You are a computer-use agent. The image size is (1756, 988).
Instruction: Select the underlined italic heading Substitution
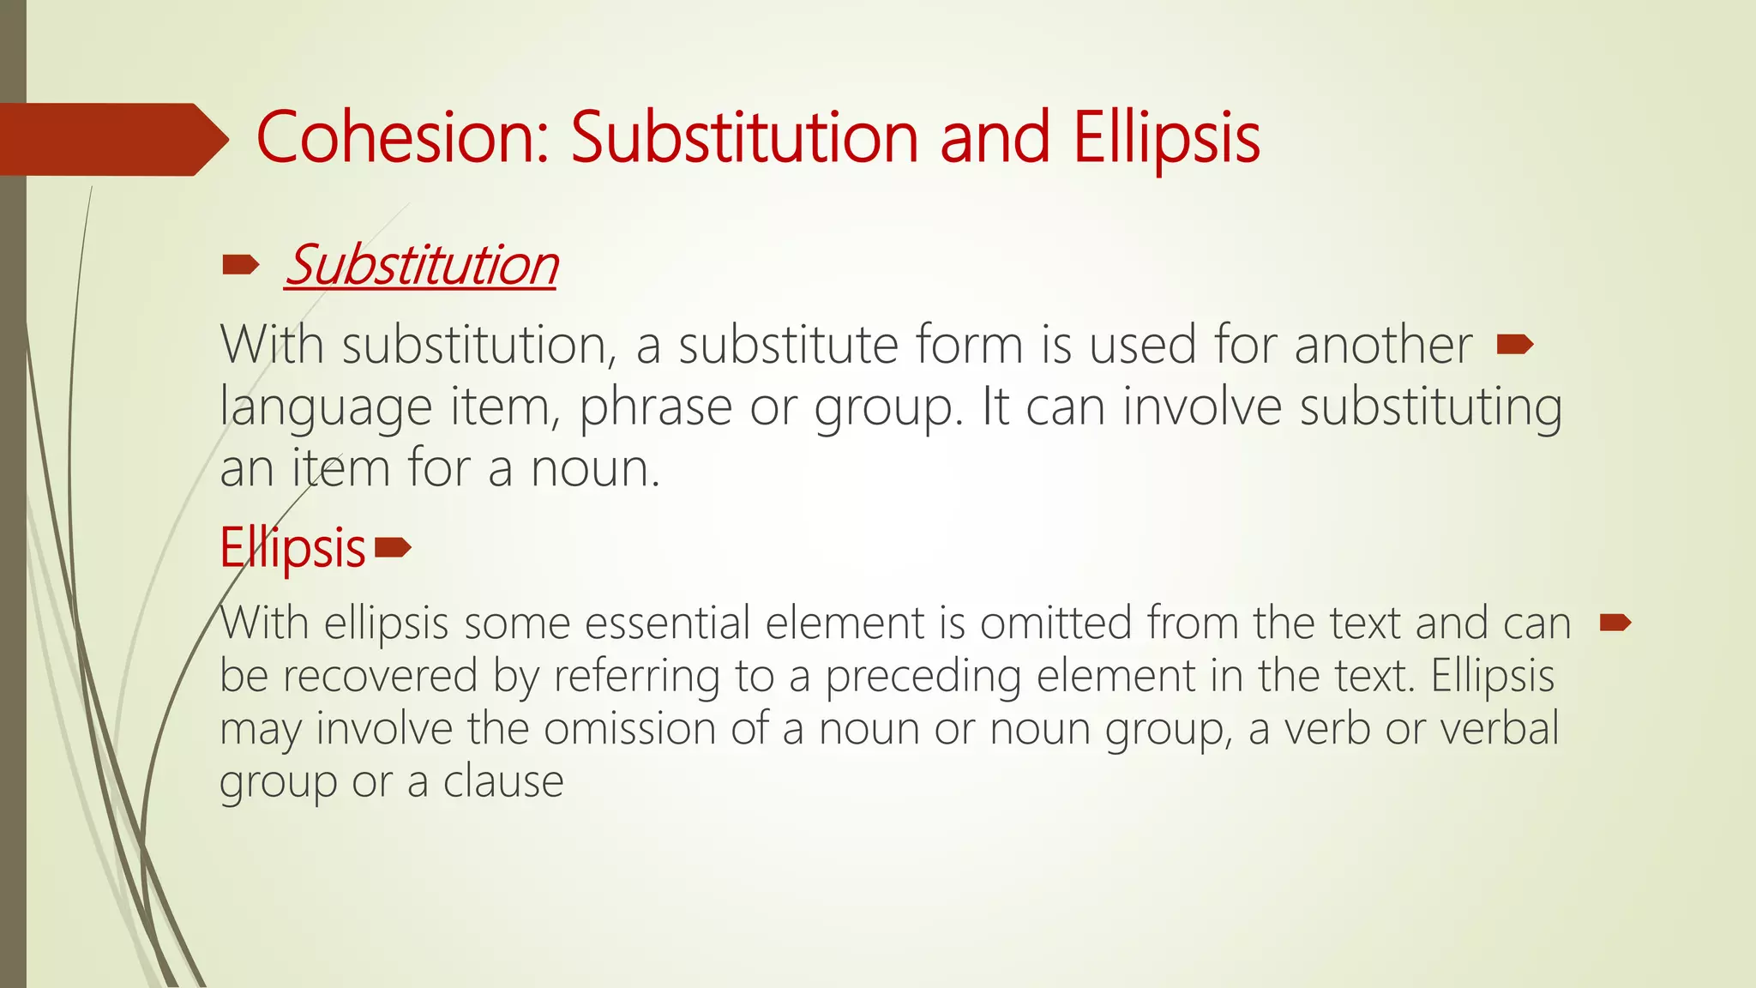[421, 265]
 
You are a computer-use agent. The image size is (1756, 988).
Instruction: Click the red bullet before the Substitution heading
[240, 266]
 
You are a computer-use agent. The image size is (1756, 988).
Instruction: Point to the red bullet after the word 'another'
[1514, 345]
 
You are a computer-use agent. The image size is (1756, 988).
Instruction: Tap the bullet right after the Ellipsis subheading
[394, 547]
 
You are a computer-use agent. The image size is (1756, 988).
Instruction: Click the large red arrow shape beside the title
[111, 139]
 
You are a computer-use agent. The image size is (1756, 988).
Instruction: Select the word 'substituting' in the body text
[1430, 407]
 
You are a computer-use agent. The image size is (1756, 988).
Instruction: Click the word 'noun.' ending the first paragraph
[595, 468]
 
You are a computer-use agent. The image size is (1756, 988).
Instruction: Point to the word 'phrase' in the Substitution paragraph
[656, 407]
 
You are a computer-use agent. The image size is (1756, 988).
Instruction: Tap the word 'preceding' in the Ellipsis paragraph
[923, 675]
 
